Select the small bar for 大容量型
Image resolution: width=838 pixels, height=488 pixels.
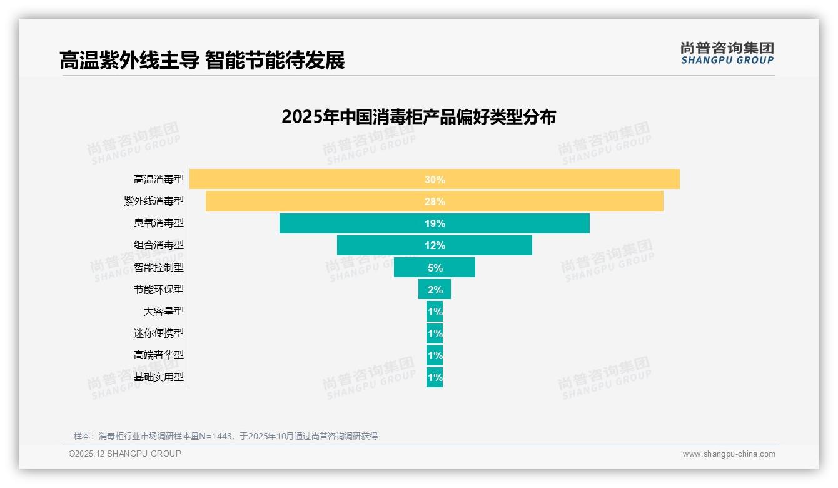(435, 311)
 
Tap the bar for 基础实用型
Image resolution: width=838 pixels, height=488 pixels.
(435, 377)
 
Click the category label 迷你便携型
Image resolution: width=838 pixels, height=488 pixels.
(159, 333)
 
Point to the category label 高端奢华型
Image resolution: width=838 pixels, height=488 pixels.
(159, 355)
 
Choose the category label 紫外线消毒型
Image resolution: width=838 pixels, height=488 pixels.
(154, 201)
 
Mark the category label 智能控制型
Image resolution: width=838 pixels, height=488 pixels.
(159, 267)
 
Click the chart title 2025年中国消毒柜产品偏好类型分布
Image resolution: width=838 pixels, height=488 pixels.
(418, 117)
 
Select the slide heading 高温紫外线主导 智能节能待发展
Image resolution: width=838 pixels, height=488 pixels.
(202, 61)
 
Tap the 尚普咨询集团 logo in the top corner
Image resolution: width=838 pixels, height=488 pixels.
(727, 53)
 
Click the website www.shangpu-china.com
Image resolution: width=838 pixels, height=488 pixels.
(729, 454)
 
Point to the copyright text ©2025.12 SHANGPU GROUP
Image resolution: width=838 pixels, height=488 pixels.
(125, 454)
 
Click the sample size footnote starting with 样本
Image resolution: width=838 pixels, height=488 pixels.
(226, 436)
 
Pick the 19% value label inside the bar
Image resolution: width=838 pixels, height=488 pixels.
(435, 223)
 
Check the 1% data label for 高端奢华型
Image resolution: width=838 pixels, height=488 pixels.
(435, 355)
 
